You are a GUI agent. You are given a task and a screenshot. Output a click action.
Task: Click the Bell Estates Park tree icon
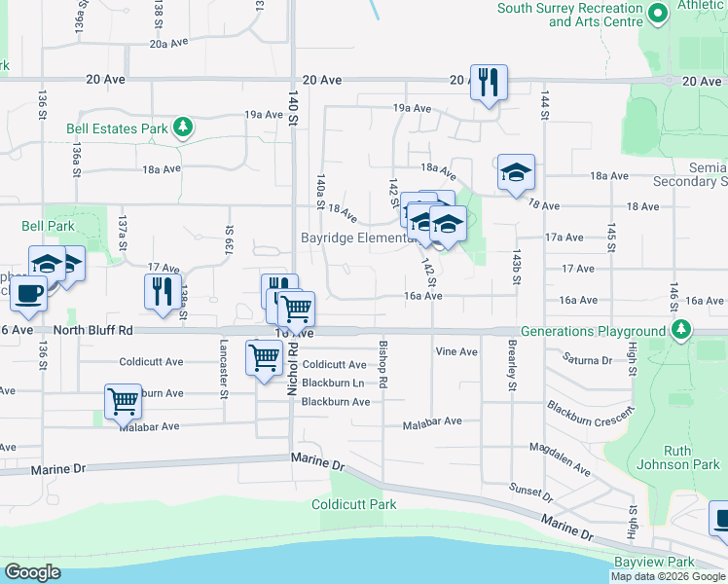[181, 128]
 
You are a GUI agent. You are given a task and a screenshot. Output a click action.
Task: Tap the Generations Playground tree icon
[679, 331]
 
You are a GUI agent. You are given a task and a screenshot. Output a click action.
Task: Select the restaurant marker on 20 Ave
[489, 82]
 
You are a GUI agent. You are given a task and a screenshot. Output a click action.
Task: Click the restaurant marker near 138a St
[163, 291]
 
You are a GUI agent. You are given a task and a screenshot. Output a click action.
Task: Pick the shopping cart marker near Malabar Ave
[123, 400]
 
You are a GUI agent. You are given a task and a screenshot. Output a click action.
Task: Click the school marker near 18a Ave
[516, 172]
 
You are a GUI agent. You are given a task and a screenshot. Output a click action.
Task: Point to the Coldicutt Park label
[354, 504]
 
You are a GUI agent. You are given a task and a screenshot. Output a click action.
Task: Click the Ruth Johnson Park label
[691, 457]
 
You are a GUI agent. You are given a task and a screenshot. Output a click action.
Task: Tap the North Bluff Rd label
[93, 331]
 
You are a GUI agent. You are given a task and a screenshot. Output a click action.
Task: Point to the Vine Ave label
[456, 351]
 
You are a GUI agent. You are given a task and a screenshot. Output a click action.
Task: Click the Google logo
[33, 572]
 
